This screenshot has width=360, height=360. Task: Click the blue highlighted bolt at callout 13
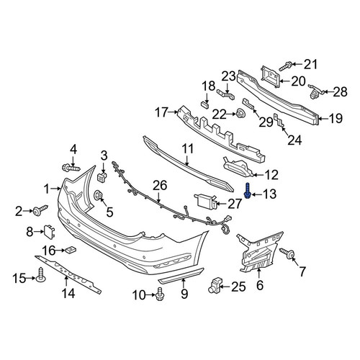click(x=247, y=191)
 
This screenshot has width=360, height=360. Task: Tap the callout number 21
click(x=310, y=64)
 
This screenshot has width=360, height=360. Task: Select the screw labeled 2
click(x=40, y=210)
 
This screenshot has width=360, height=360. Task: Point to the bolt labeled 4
click(x=71, y=167)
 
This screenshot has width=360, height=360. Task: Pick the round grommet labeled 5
click(x=99, y=195)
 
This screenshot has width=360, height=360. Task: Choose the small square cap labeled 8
click(x=49, y=231)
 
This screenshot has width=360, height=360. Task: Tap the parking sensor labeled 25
click(x=215, y=286)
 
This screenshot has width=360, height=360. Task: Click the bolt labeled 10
click(x=160, y=294)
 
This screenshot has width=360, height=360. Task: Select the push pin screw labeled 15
click(x=41, y=276)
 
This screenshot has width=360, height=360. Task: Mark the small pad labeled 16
click(x=70, y=250)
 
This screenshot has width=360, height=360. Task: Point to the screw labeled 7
click(x=287, y=253)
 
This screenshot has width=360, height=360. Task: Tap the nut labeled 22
click(x=240, y=113)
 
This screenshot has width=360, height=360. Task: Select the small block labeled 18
click(x=204, y=104)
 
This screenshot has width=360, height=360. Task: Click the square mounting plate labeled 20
click(x=271, y=74)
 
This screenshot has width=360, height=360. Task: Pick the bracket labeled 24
click(x=279, y=120)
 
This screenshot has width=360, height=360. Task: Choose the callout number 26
click(x=160, y=186)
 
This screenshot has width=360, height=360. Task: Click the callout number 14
click(x=68, y=293)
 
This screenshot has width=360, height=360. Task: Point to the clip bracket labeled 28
click(x=315, y=91)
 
